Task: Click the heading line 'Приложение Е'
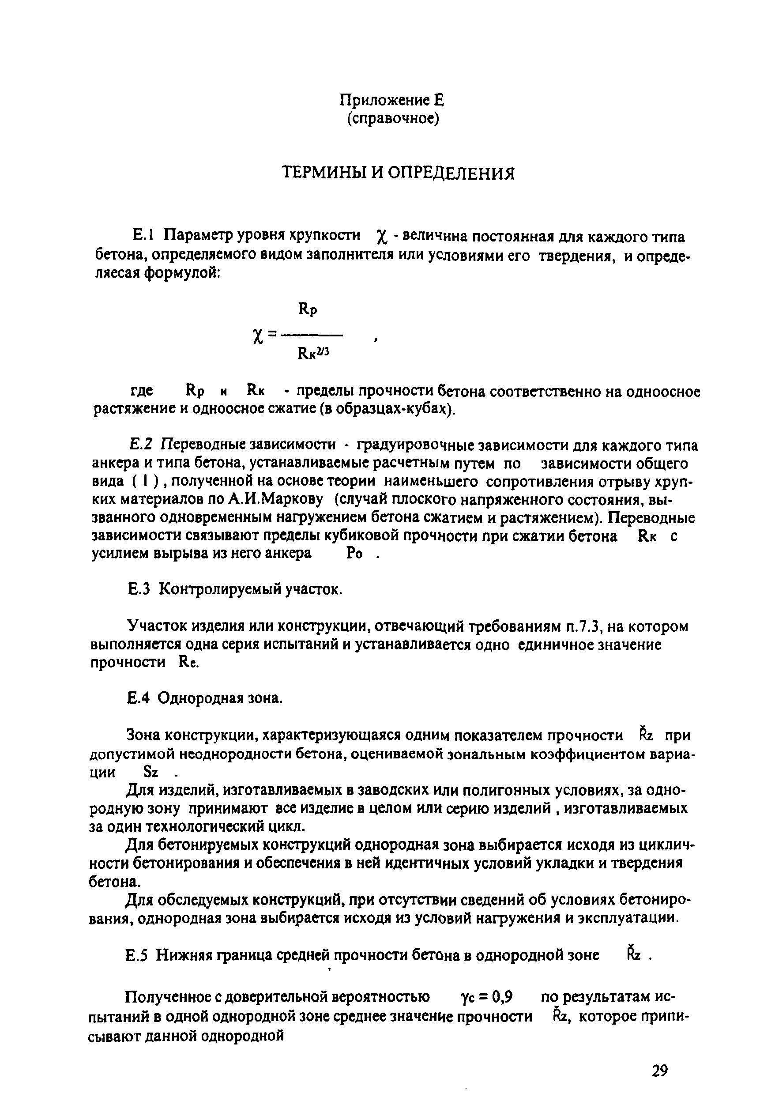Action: (x=391, y=101)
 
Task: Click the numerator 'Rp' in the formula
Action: (x=307, y=309)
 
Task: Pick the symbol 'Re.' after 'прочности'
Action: (x=189, y=663)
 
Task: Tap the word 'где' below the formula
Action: (x=142, y=390)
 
